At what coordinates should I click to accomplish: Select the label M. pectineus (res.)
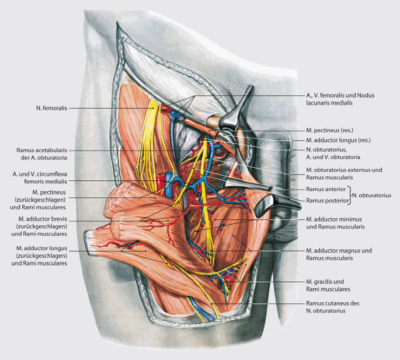point(330,130)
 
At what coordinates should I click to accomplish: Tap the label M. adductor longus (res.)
point(338,141)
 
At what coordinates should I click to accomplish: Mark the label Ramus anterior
point(325,190)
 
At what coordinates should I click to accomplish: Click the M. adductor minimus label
point(336,222)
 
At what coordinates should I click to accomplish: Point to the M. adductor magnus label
point(338,254)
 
